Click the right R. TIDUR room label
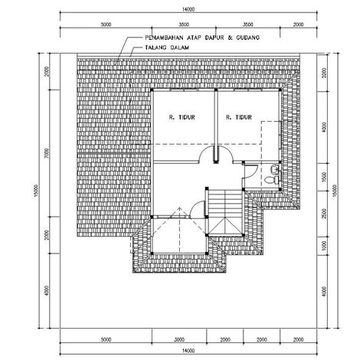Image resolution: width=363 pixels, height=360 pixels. (239, 117)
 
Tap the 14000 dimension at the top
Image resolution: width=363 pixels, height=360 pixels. (186, 9)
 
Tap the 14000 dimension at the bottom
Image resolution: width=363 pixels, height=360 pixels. (186, 349)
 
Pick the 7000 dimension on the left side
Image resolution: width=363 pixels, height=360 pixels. (47, 155)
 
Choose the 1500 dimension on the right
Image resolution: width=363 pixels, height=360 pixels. (325, 176)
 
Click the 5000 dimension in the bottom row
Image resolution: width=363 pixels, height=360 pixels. (106, 338)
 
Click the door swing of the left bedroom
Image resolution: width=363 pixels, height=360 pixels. (208, 155)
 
